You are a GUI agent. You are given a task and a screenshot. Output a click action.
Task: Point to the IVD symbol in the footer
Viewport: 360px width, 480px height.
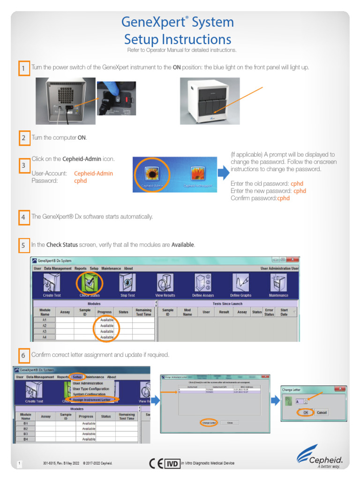pos(172,464)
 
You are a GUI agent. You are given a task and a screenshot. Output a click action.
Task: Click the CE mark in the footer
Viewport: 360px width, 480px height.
pos(156,464)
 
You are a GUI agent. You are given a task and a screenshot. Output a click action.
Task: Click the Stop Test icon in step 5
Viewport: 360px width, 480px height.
pos(127,284)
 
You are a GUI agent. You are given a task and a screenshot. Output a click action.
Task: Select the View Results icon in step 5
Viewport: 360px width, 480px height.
pos(165,284)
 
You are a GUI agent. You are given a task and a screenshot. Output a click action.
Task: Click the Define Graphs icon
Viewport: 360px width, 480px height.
pos(240,284)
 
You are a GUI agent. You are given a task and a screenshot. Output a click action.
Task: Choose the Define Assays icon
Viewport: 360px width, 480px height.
pos(203,284)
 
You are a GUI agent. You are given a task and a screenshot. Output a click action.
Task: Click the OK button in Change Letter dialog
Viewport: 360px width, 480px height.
pos(306,412)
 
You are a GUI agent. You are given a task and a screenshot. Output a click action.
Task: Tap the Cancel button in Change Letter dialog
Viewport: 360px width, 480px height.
pos(322,412)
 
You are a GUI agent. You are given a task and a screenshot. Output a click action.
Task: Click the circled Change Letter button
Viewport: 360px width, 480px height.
pos(209,422)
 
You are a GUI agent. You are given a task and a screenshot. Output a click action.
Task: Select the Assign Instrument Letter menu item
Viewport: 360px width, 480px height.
pos(92,400)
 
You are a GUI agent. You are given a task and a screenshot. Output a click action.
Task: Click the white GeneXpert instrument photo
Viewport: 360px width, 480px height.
pos(210,101)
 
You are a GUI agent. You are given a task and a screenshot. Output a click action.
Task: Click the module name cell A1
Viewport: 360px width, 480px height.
pos(45,320)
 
